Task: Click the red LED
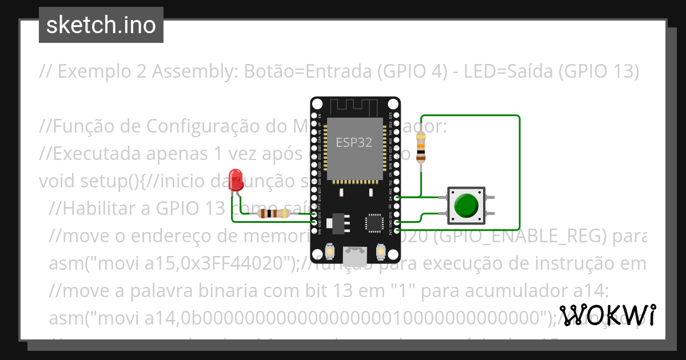pyautogui.click(x=234, y=177)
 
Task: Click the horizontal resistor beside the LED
pyautogui.click(x=274, y=214)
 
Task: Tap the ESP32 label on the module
pyautogui.click(x=354, y=143)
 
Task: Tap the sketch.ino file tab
pyautogui.click(x=101, y=25)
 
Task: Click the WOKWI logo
pyautogui.click(x=608, y=315)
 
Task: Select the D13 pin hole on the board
pyautogui.click(x=314, y=214)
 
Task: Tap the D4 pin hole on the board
pyautogui.click(x=397, y=197)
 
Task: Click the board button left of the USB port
pyautogui.click(x=330, y=251)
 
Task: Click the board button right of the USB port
pyautogui.click(x=380, y=251)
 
